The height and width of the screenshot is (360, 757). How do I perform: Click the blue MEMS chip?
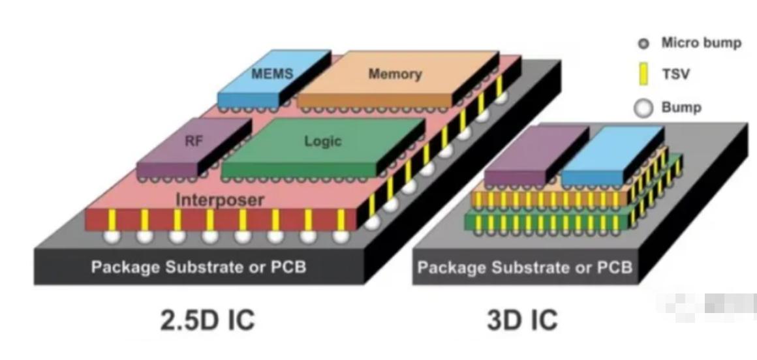click(x=272, y=73)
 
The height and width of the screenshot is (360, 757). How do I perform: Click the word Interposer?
click(x=220, y=200)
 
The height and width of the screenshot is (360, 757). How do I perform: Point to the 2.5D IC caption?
click(x=208, y=321)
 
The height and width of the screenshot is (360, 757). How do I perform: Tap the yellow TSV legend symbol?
click(x=643, y=75)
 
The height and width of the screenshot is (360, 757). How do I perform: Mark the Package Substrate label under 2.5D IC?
click(x=198, y=267)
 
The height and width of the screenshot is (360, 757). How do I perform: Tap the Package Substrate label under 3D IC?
click(x=525, y=267)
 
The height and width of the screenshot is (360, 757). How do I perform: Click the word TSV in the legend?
click(x=675, y=75)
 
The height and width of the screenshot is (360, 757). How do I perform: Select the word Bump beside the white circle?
click(x=681, y=108)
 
